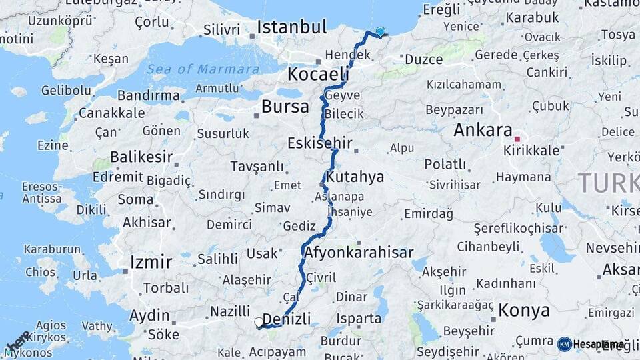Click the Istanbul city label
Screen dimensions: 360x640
(x=292, y=28)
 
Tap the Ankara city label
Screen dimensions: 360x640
(x=483, y=130)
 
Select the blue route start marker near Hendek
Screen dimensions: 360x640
(x=381, y=31)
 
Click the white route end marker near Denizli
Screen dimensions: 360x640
(x=259, y=323)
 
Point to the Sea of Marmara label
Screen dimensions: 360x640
(x=203, y=69)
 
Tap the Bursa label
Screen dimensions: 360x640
(x=285, y=107)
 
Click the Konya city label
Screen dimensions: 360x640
(x=524, y=310)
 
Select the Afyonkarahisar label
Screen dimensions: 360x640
(x=358, y=253)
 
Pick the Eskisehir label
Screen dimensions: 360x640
(x=319, y=143)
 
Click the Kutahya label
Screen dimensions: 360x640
(x=356, y=177)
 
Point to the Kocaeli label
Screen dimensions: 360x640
(x=318, y=73)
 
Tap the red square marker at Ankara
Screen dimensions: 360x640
(x=517, y=139)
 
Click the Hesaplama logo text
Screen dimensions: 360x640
(x=597, y=344)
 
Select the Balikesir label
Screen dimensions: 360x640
(x=141, y=157)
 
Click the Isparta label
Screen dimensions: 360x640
(x=359, y=319)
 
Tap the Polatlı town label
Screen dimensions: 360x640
(x=445, y=164)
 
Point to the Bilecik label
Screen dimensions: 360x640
(x=345, y=114)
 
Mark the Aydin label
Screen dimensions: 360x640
(x=149, y=315)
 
